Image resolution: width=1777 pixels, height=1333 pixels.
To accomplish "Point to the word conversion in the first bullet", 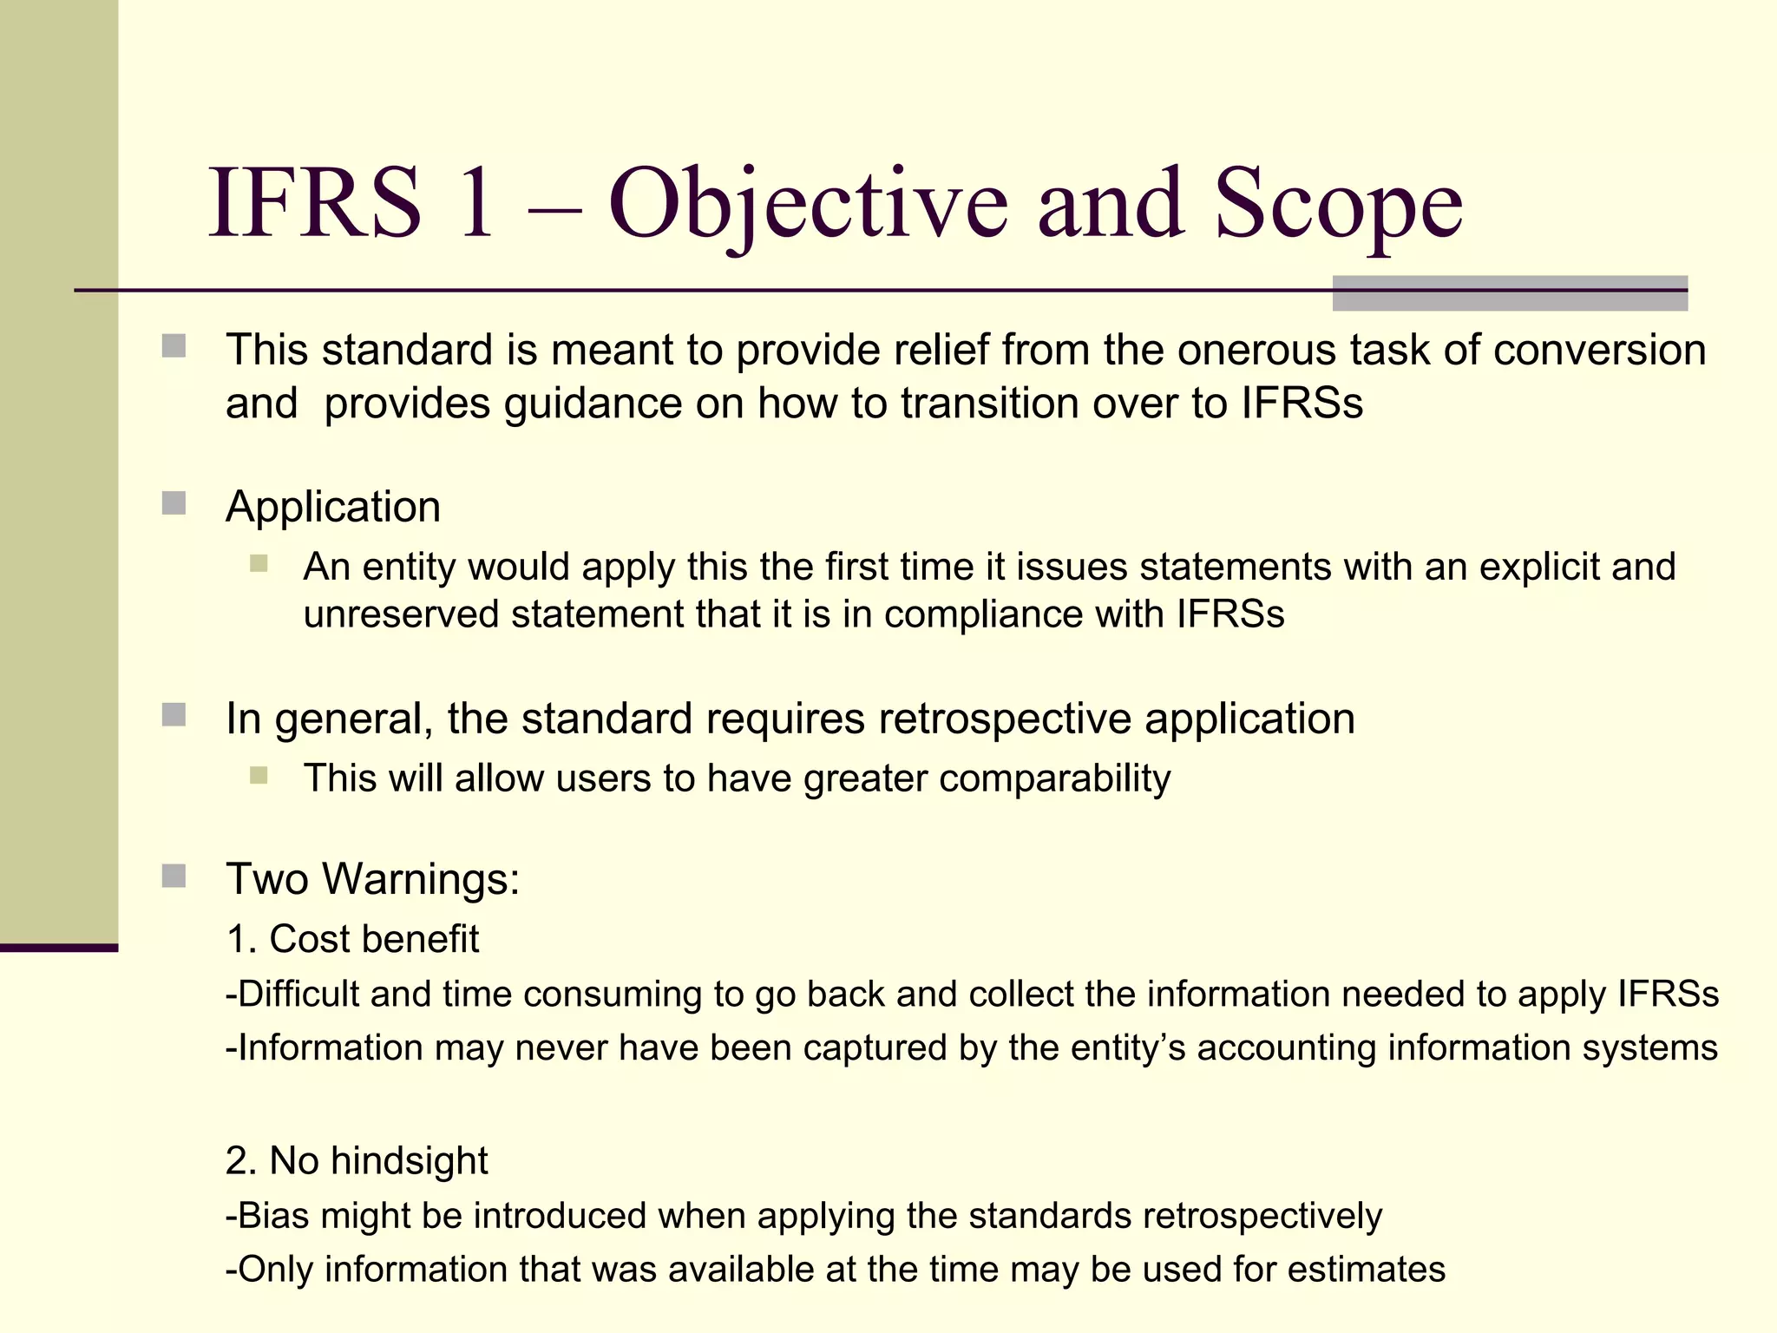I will tap(1599, 350).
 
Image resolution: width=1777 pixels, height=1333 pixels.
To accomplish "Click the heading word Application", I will tap(333, 507).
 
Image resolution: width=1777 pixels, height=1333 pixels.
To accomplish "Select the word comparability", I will tap(1054, 778).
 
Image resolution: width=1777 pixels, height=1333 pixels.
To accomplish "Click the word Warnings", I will tap(421, 878).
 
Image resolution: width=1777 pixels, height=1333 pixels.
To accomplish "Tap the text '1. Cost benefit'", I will tap(352, 939).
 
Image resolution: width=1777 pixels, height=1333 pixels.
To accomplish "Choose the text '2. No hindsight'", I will tap(357, 1160).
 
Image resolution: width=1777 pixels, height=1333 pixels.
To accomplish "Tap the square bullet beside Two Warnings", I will tap(174, 877).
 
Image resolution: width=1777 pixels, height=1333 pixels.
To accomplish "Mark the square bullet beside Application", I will tap(174, 503).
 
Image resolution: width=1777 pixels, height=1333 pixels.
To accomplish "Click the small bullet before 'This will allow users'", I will tap(259, 775).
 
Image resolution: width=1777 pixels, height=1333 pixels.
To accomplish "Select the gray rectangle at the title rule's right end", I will tap(1510, 293).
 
